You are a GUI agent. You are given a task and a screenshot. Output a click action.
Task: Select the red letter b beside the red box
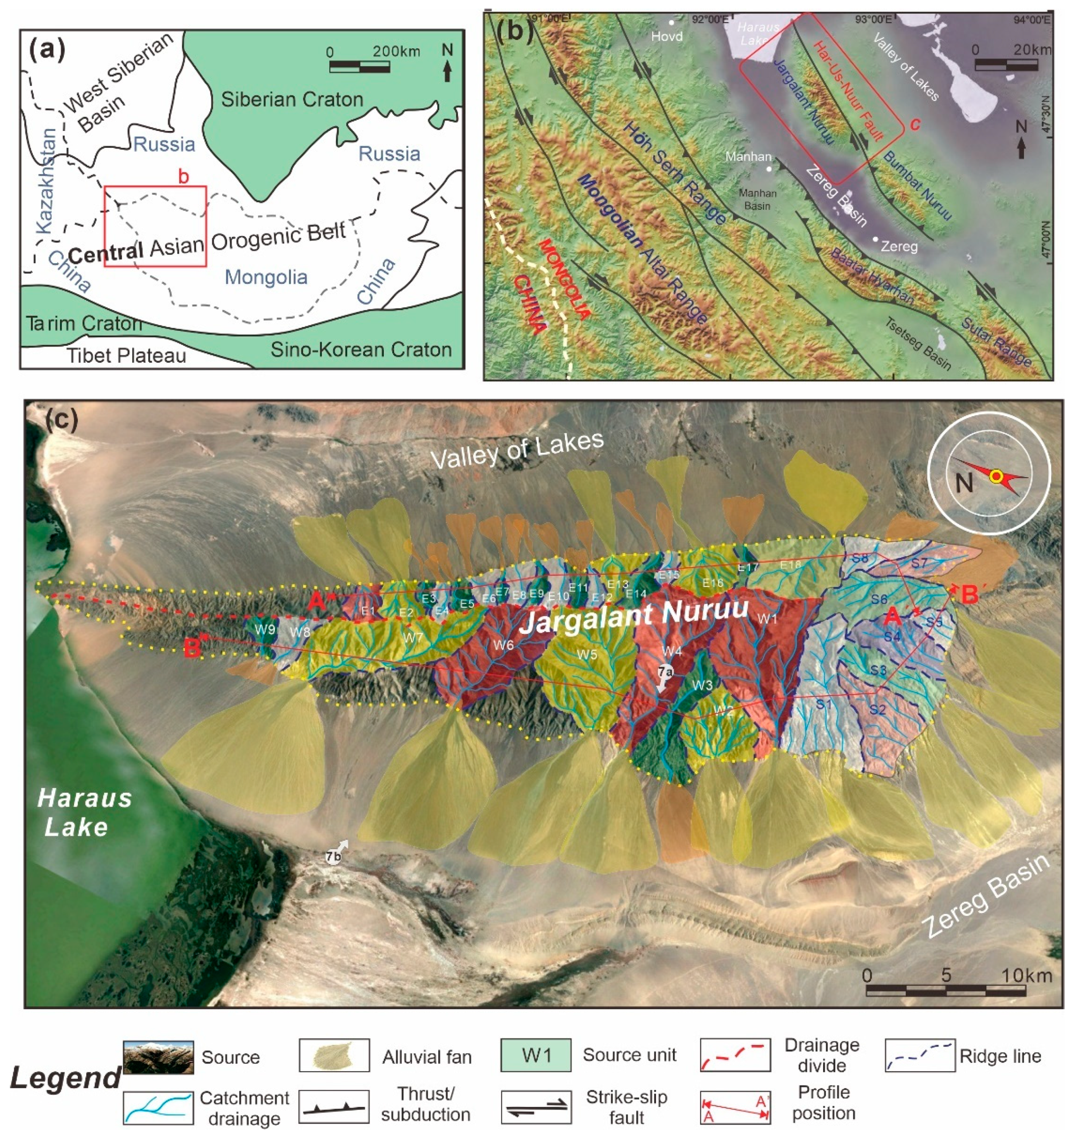(183, 177)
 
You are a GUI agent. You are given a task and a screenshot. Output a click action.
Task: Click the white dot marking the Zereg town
(875, 239)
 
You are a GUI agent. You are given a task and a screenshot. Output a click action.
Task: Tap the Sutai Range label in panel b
(997, 342)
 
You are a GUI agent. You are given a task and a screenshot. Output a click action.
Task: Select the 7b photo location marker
(334, 857)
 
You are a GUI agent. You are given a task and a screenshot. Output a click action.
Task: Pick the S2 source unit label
(877, 709)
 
